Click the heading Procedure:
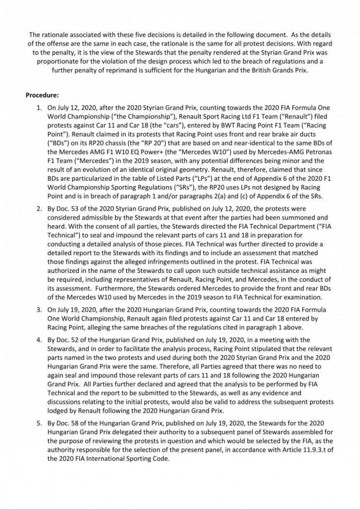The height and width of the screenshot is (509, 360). [42, 95]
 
